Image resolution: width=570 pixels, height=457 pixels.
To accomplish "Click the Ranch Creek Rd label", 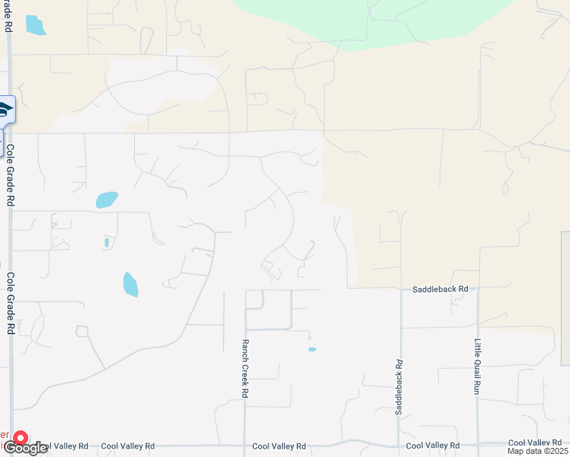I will (245, 369).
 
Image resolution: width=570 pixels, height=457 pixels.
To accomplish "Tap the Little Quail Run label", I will (478, 366).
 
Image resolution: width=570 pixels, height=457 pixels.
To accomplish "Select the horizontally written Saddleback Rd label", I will (440, 289).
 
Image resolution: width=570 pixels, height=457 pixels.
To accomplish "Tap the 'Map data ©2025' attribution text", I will (538, 451).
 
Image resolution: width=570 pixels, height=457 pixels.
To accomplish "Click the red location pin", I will (20, 439).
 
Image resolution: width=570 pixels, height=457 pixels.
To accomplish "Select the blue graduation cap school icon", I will (5, 110).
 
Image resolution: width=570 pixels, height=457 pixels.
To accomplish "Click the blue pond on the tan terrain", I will (35, 25).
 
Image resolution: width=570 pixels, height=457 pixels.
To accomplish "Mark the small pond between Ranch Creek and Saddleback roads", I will (312, 350).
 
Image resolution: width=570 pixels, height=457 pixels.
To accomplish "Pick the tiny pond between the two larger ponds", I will (107, 242).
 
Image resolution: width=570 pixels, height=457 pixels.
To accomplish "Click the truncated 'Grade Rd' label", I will (8, 15).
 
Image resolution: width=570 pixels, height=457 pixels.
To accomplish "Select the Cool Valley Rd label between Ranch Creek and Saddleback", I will (279, 446).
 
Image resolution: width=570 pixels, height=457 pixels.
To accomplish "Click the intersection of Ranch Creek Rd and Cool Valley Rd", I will (245, 445).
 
